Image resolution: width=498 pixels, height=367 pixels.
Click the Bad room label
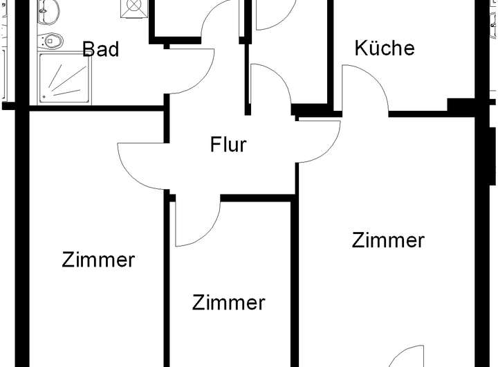(100, 50)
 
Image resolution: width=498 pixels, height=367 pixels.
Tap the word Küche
(385, 48)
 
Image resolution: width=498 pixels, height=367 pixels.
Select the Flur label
(228, 145)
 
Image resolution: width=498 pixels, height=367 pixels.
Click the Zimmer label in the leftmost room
(98, 260)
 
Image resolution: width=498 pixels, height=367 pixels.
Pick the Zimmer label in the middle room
(228, 303)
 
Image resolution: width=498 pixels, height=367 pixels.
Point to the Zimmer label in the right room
(387, 241)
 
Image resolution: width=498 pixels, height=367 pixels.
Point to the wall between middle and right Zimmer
(294, 277)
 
